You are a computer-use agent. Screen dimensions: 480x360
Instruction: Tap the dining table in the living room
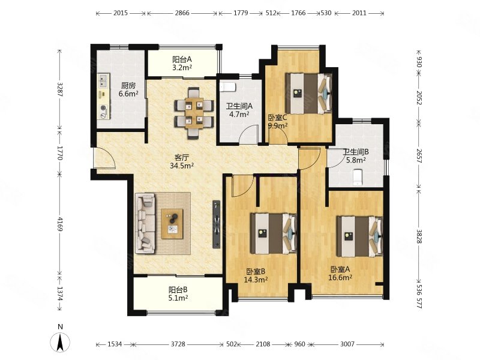[x=194, y=113]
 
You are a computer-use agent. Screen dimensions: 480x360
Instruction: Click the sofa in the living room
[x=145, y=223]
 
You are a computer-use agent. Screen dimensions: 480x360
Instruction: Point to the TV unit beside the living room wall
[x=217, y=224]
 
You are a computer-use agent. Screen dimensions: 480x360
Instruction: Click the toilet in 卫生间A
[x=227, y=87]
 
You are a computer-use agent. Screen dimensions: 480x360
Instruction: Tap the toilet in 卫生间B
[x=357, y=178]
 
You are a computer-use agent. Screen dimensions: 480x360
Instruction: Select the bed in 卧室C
[x=308, y=93]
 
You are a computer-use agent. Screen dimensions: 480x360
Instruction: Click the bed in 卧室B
[x=274, y=233]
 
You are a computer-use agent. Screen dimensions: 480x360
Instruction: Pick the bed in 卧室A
[x=359, y=236]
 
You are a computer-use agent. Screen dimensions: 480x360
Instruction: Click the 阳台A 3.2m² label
[x=182, y=64]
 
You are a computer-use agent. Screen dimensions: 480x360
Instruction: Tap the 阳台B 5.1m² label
[x=178, y=293]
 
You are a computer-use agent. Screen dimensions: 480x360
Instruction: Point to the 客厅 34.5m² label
[x=182, y=161]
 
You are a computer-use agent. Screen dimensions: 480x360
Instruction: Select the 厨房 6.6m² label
[x=128, y=89]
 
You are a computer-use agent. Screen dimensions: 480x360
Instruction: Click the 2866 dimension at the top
[x=182, y=13]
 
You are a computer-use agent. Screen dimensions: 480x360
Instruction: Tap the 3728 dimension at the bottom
[x=178, y=344]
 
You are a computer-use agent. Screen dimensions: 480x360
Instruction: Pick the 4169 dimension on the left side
[x=60, y=224]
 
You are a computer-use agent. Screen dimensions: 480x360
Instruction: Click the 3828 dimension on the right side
[x=419, y=236]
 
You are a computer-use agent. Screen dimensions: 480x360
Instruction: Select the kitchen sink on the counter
[x=104, y=80]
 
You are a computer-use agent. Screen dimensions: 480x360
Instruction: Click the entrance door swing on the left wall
[x=104, y=157]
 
